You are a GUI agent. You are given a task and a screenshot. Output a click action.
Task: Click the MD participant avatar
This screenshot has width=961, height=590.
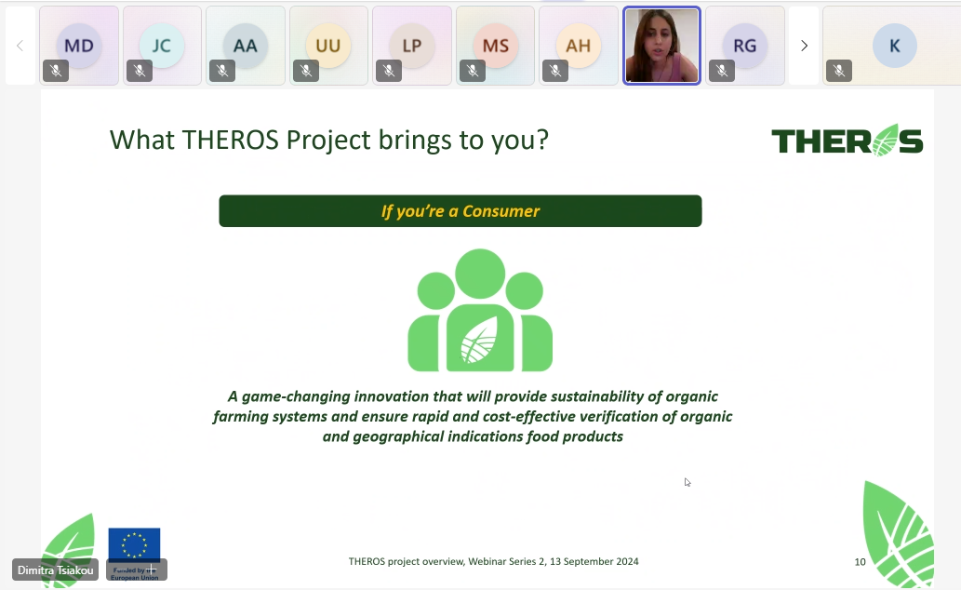pyautogui.click(x=79, y=46)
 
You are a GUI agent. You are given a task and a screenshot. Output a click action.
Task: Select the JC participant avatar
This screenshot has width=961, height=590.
pyautogui.click(x=162, y=46)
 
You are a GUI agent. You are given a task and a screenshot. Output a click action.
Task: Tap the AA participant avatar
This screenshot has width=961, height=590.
pyautogui.click(x=246, y=46)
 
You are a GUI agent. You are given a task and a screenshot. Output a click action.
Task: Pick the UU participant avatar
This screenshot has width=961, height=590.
pyautogui.click(x=327, y=46)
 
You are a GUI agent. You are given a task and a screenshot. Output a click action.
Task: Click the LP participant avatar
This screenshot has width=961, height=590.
pyautogui.click(x=412, y=46)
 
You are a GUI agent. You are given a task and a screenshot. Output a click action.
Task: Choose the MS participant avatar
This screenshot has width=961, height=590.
pyautogui.click(x=495, y=46)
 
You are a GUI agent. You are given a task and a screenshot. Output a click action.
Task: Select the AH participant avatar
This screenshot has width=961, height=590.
pyautogui.click(x=578, y=46)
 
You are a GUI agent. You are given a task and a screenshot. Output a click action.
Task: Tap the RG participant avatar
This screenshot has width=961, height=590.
pyautogui.click(x=744, y=46)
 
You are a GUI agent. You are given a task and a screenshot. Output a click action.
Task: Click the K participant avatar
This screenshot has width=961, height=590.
pyautogui.click(x=895, y=46)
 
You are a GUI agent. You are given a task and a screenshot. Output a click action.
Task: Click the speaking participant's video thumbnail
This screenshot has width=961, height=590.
pyautogui.click(x=662, y=46)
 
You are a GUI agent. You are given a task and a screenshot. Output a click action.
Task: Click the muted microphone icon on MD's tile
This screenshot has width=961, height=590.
pyautogui.click(x=56, y=71)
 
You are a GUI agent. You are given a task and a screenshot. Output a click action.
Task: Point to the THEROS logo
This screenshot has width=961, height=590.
pyautogui.click(x=847, y=141)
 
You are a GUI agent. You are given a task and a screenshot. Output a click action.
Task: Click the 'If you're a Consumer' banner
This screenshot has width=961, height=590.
pyautogui.click(x=460, y=211)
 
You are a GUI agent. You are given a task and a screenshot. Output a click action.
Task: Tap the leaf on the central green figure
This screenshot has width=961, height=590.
pyautogui.click(x=479, y=340)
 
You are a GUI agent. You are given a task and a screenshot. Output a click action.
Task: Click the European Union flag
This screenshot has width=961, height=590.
pyautogui.click(x=134, y=545)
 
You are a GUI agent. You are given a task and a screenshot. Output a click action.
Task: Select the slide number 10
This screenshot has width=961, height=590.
pyautogui.click(x=860, y=562)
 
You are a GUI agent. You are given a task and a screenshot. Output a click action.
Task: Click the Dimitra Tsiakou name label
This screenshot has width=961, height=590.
pyautogui.click(x=55, y=570)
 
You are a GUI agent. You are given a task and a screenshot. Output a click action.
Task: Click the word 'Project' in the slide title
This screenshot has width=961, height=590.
pyautogui.click(x=328, y=141)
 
